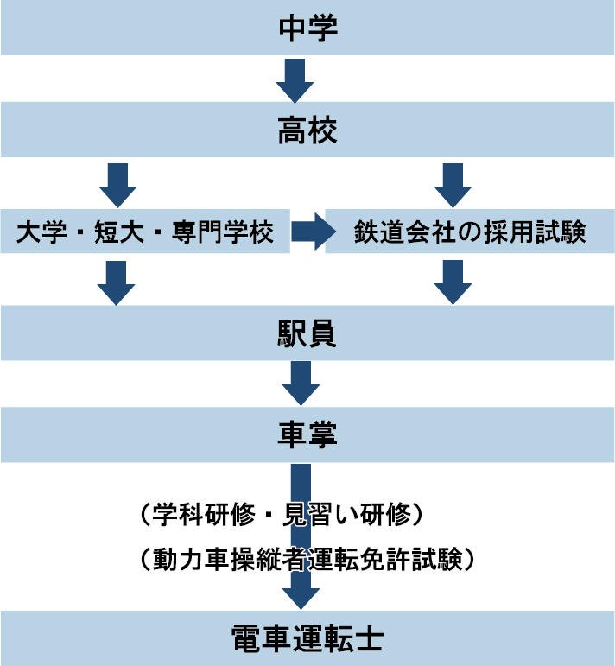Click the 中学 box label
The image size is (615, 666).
[x=307, y=28]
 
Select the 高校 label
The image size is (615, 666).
[x=307, y=131]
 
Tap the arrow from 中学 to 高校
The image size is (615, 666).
[x=295, y=79]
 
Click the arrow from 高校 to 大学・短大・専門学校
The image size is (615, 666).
[x=117, y=183]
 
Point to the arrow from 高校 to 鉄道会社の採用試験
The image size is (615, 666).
[x=453, y=183]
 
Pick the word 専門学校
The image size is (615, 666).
[x=224, y=233]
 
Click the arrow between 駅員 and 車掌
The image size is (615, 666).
[x=301, y=383]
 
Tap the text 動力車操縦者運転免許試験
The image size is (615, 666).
[x=307, y=559]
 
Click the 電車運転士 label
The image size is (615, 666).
[x=307, y=640]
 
